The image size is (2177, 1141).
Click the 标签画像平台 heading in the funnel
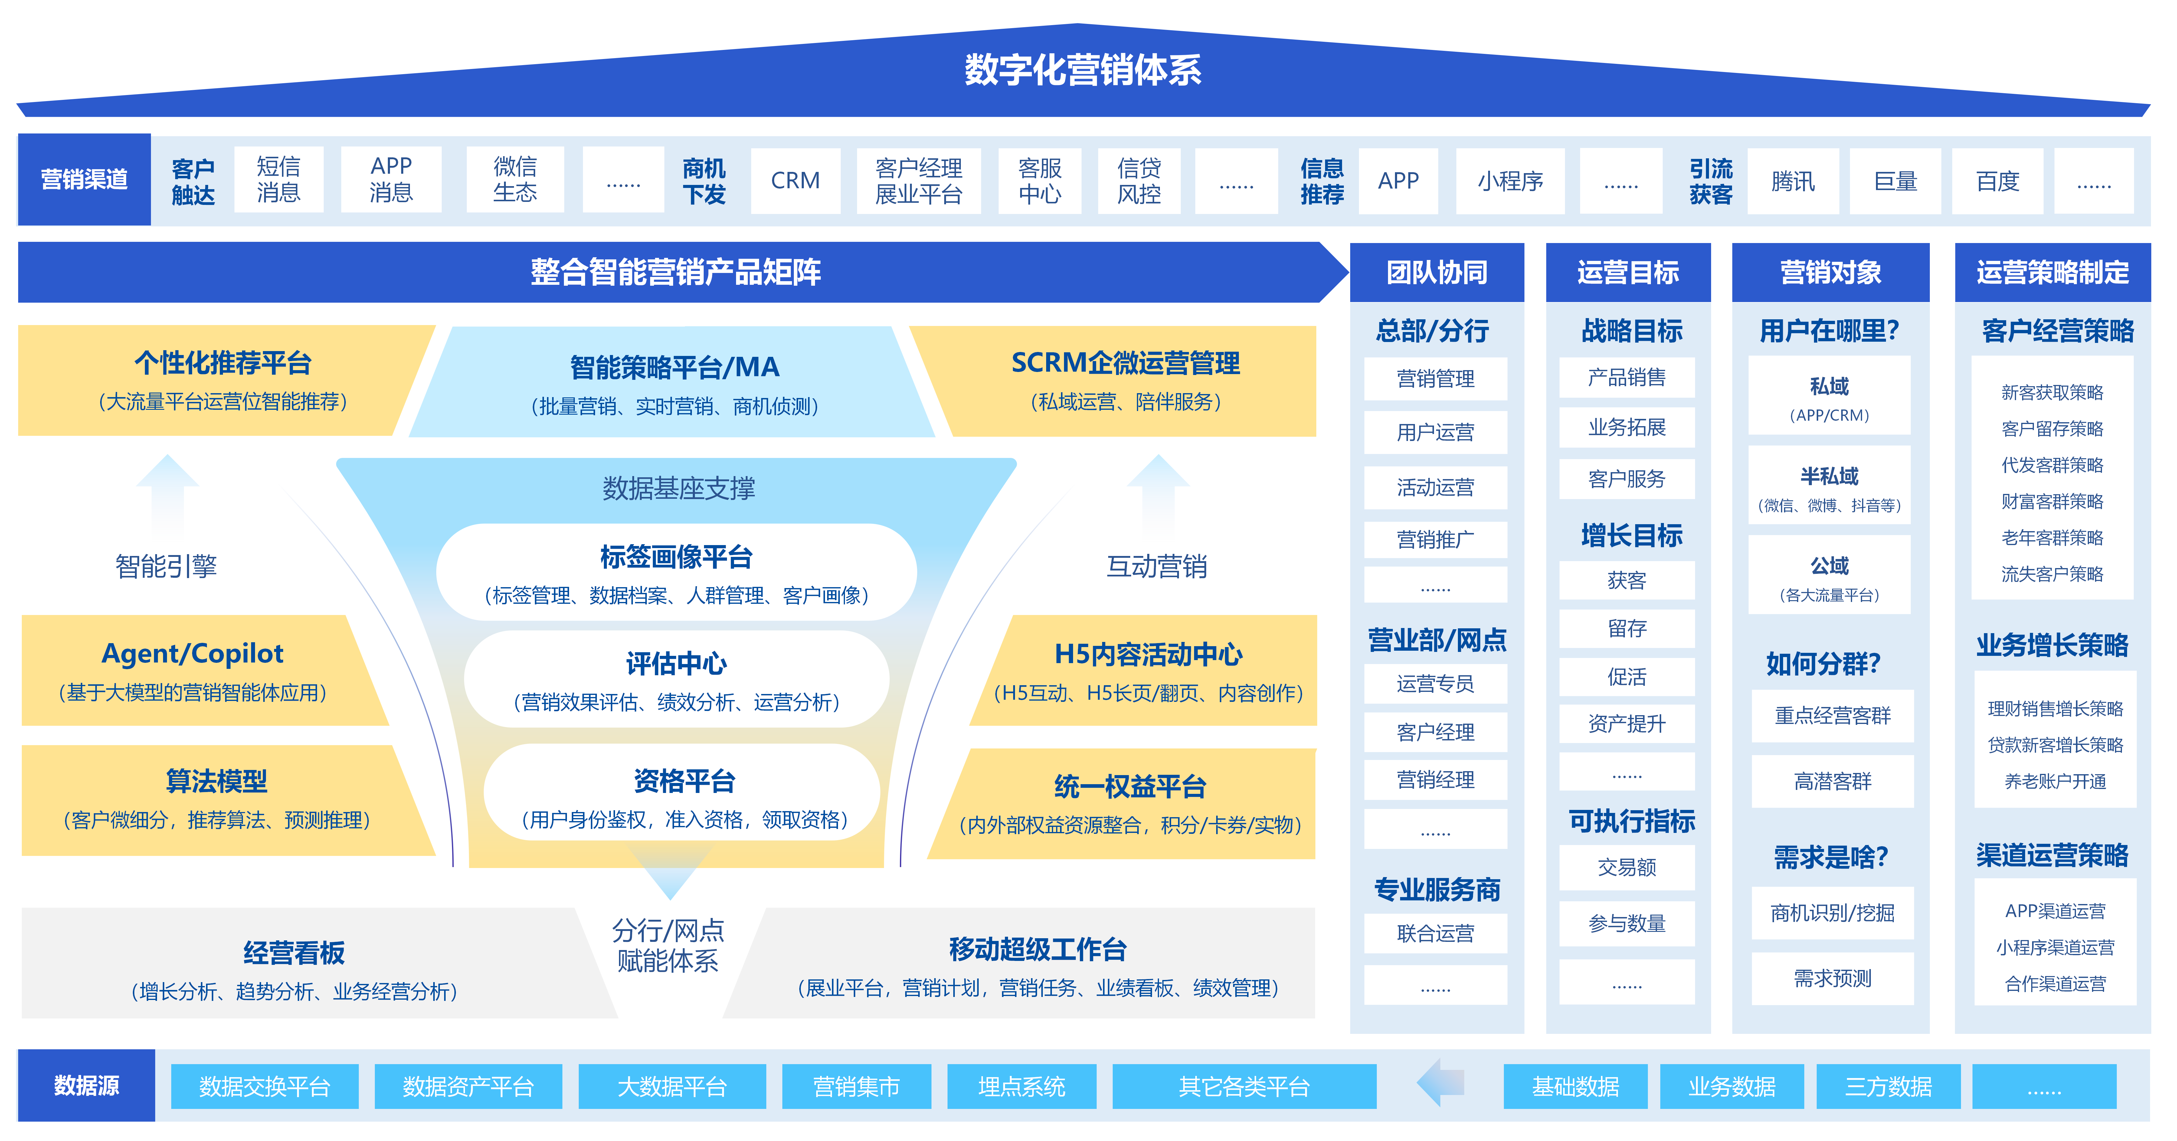[676, 557]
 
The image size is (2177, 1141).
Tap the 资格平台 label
[684, 781]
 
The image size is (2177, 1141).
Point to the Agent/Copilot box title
[193, 653]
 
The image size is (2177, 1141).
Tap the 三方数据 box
[1888, 1086]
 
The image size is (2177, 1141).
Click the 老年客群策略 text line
[2052, 538]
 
